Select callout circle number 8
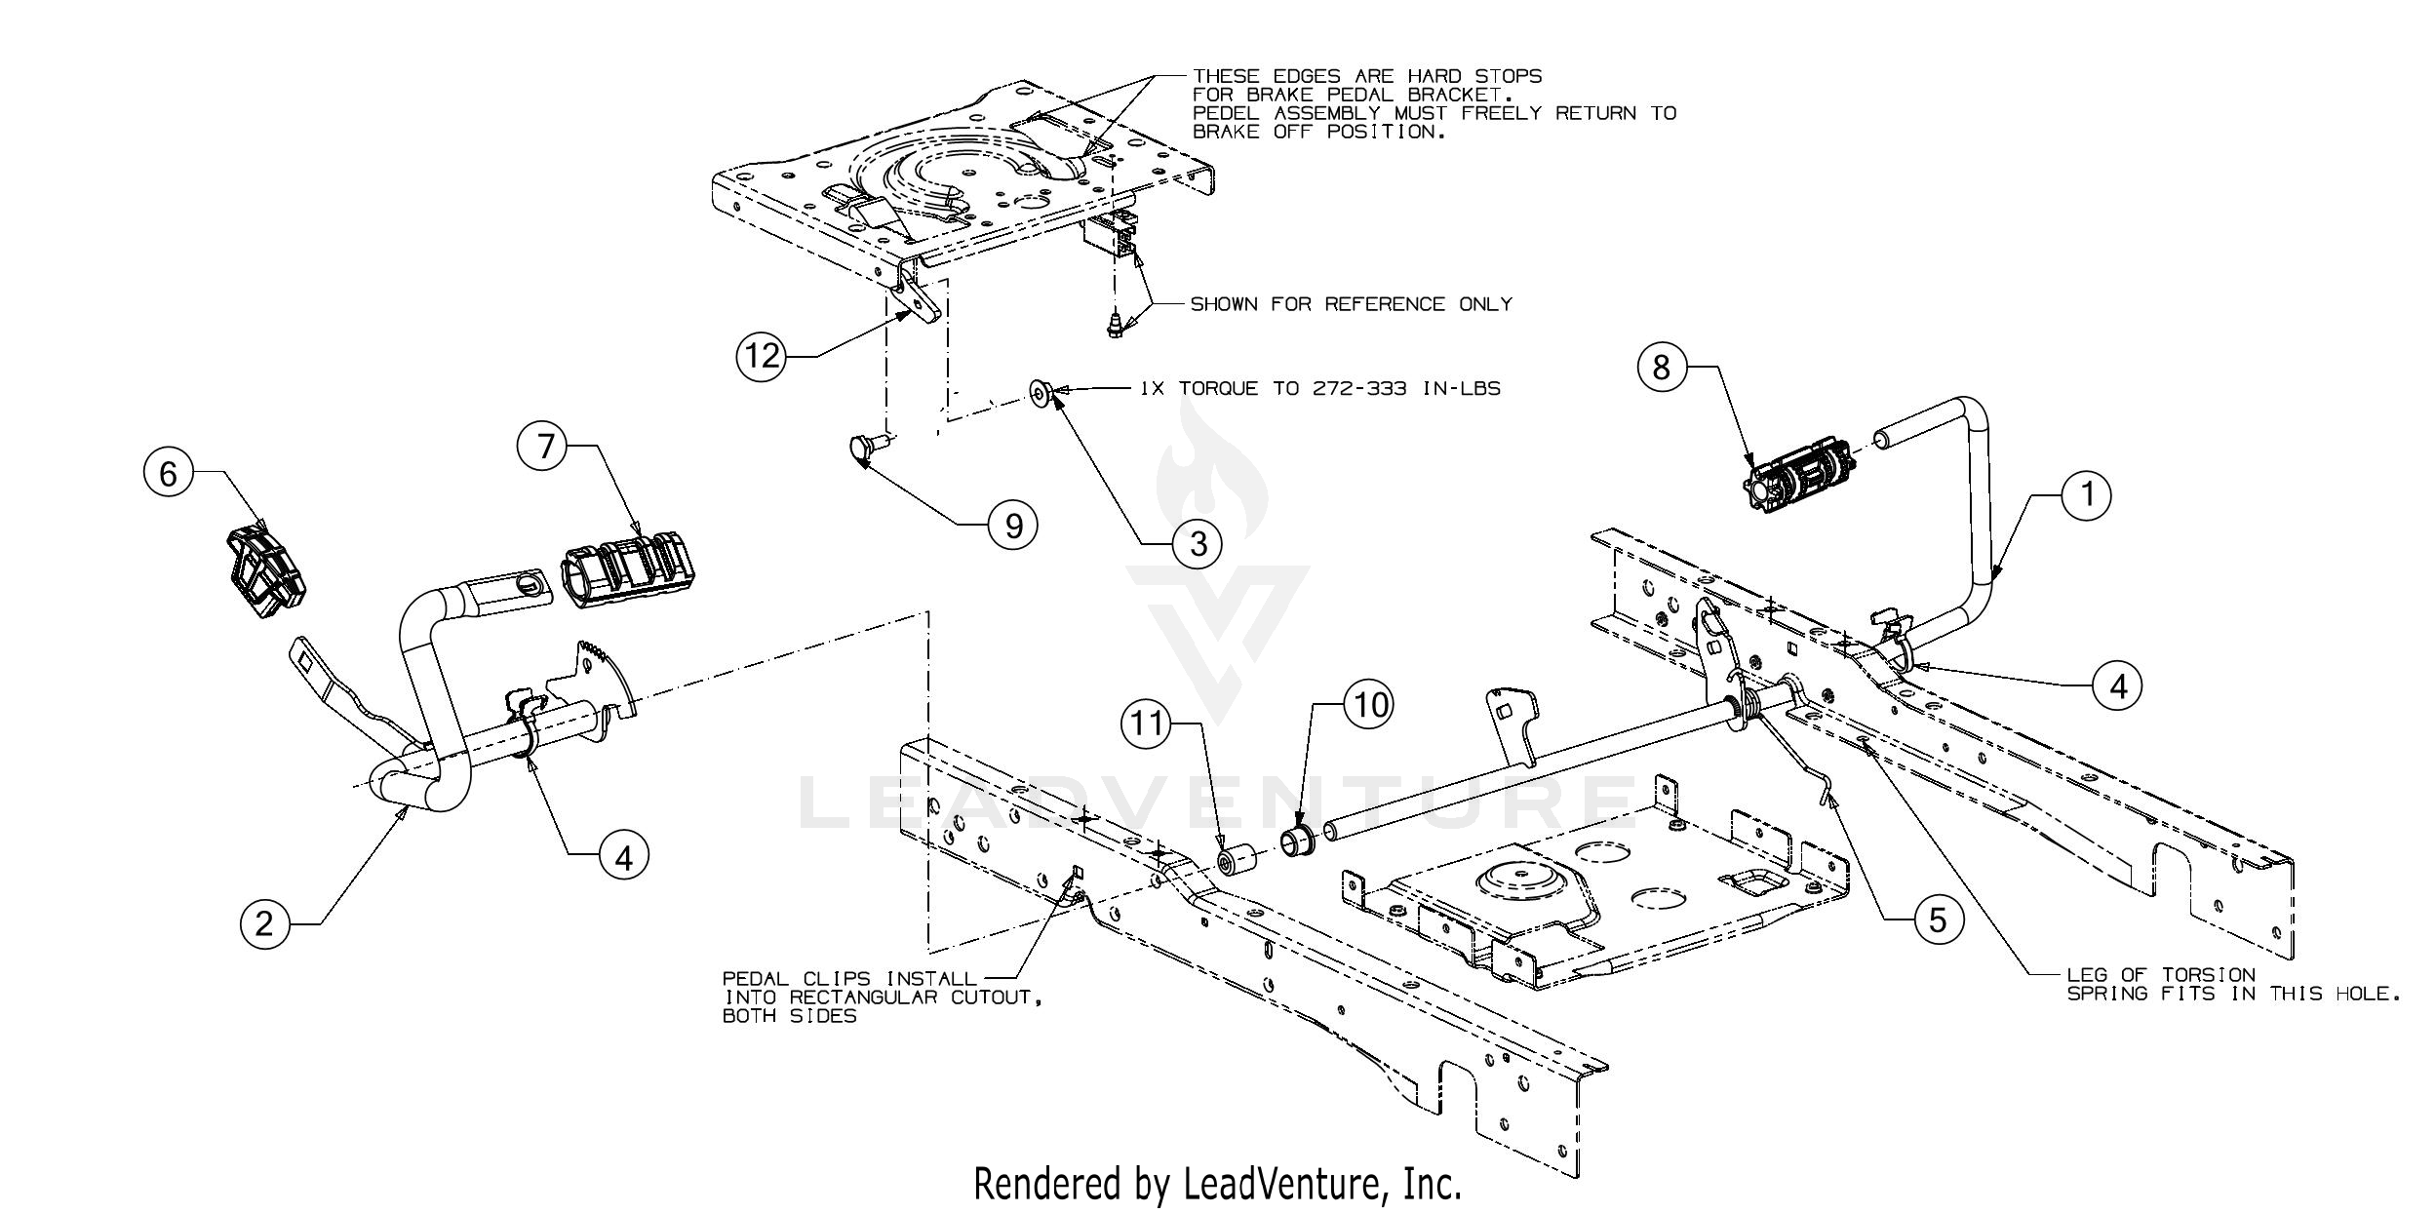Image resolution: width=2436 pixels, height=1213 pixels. (x=1661, y=367)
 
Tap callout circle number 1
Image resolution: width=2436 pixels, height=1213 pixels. (x=2086, y=496)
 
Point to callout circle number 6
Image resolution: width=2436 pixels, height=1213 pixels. (x=168, y=475)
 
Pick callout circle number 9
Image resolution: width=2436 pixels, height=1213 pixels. (x=1012, y=527)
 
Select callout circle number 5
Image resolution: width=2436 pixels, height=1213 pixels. (x=1936, y=920)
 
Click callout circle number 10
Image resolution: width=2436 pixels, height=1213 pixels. (x=1368, y=705)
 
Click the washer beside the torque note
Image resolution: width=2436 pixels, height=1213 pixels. (x=1041, y=393)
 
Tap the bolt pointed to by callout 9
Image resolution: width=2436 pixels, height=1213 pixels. (x=863, y=449)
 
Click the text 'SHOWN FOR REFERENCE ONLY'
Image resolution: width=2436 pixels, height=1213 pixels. (x=1351, y=305)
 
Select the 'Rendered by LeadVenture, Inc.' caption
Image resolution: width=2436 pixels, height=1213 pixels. (x=1218, y=1184)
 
